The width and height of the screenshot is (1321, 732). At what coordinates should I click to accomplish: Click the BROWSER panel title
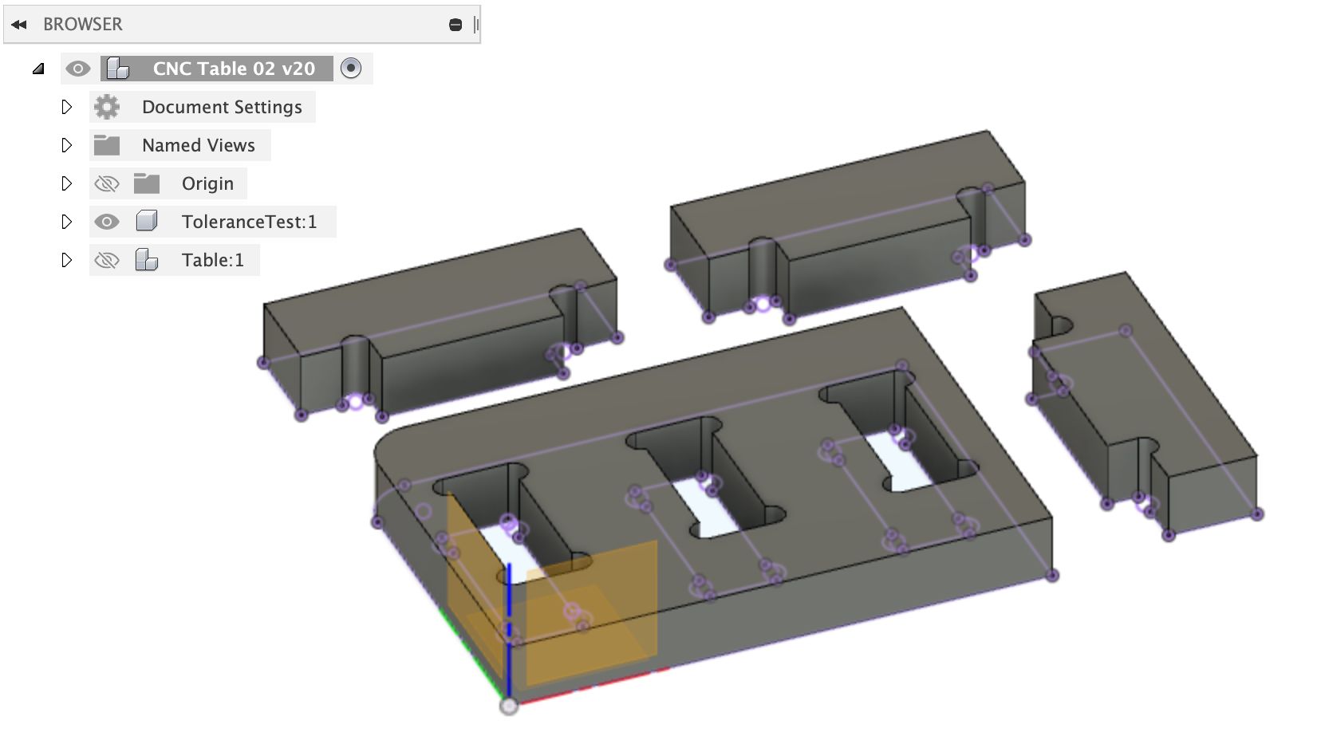(83, 25)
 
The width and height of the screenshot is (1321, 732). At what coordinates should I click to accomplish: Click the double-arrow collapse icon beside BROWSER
(19, 25)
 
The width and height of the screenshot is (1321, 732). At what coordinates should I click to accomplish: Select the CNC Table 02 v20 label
(233, 69)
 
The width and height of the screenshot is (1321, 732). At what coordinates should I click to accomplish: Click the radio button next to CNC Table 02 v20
(351, 69)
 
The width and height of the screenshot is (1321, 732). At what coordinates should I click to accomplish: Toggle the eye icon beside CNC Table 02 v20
(77, 69)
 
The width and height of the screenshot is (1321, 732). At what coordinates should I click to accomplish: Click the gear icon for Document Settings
(107, 107)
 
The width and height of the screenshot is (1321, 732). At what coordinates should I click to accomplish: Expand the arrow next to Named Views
(67, 145)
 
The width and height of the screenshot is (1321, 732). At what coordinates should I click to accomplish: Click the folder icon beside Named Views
(107, 145)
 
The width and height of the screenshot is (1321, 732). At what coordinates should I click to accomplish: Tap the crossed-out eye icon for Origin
(107, 183)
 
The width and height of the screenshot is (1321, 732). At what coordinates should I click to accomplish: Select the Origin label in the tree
(207, 183)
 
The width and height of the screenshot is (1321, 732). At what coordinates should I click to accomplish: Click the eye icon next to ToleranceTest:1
(107, 222)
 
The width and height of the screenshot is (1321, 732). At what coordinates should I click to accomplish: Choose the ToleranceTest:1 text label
(249, 222)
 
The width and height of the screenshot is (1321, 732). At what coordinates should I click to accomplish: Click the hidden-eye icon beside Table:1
(107, 260)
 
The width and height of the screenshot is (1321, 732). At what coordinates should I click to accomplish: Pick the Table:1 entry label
(212, 260)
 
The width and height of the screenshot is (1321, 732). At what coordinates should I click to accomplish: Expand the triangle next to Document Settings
(67, 107)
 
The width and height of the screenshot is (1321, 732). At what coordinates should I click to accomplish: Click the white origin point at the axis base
(509, 706)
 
